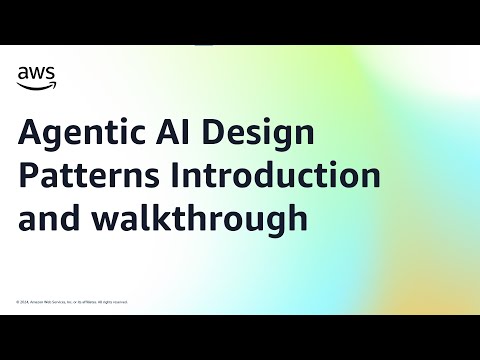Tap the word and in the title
[45, 218]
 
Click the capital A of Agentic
[30, 133]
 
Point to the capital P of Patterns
[28, 176]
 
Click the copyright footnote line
[71, 301]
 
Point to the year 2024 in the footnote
[26, 301]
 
